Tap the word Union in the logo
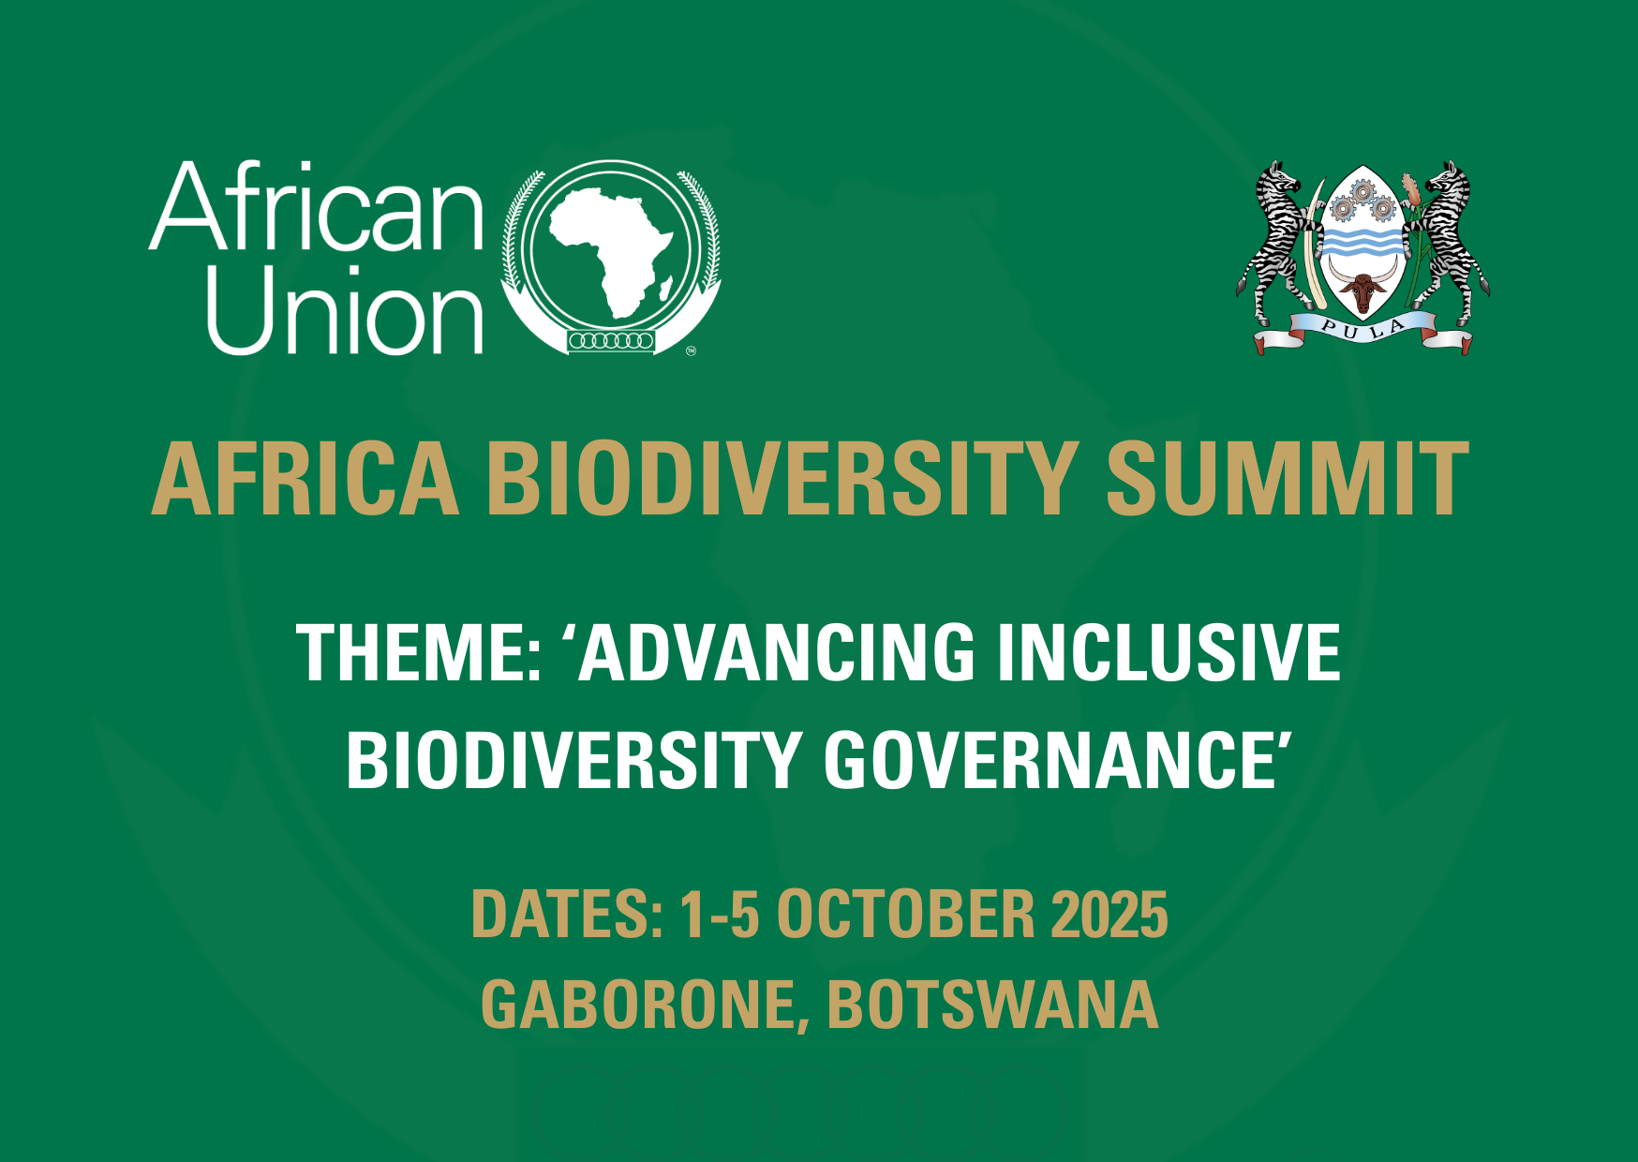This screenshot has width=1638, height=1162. [345, 309]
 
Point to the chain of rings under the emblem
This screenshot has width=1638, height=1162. [611, 340]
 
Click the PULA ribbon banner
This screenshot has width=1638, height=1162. [1363, 332]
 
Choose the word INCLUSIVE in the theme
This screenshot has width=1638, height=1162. [1168, 652]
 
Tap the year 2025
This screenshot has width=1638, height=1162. [1109, 915]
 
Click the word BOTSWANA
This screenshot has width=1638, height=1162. [992, 1005]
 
